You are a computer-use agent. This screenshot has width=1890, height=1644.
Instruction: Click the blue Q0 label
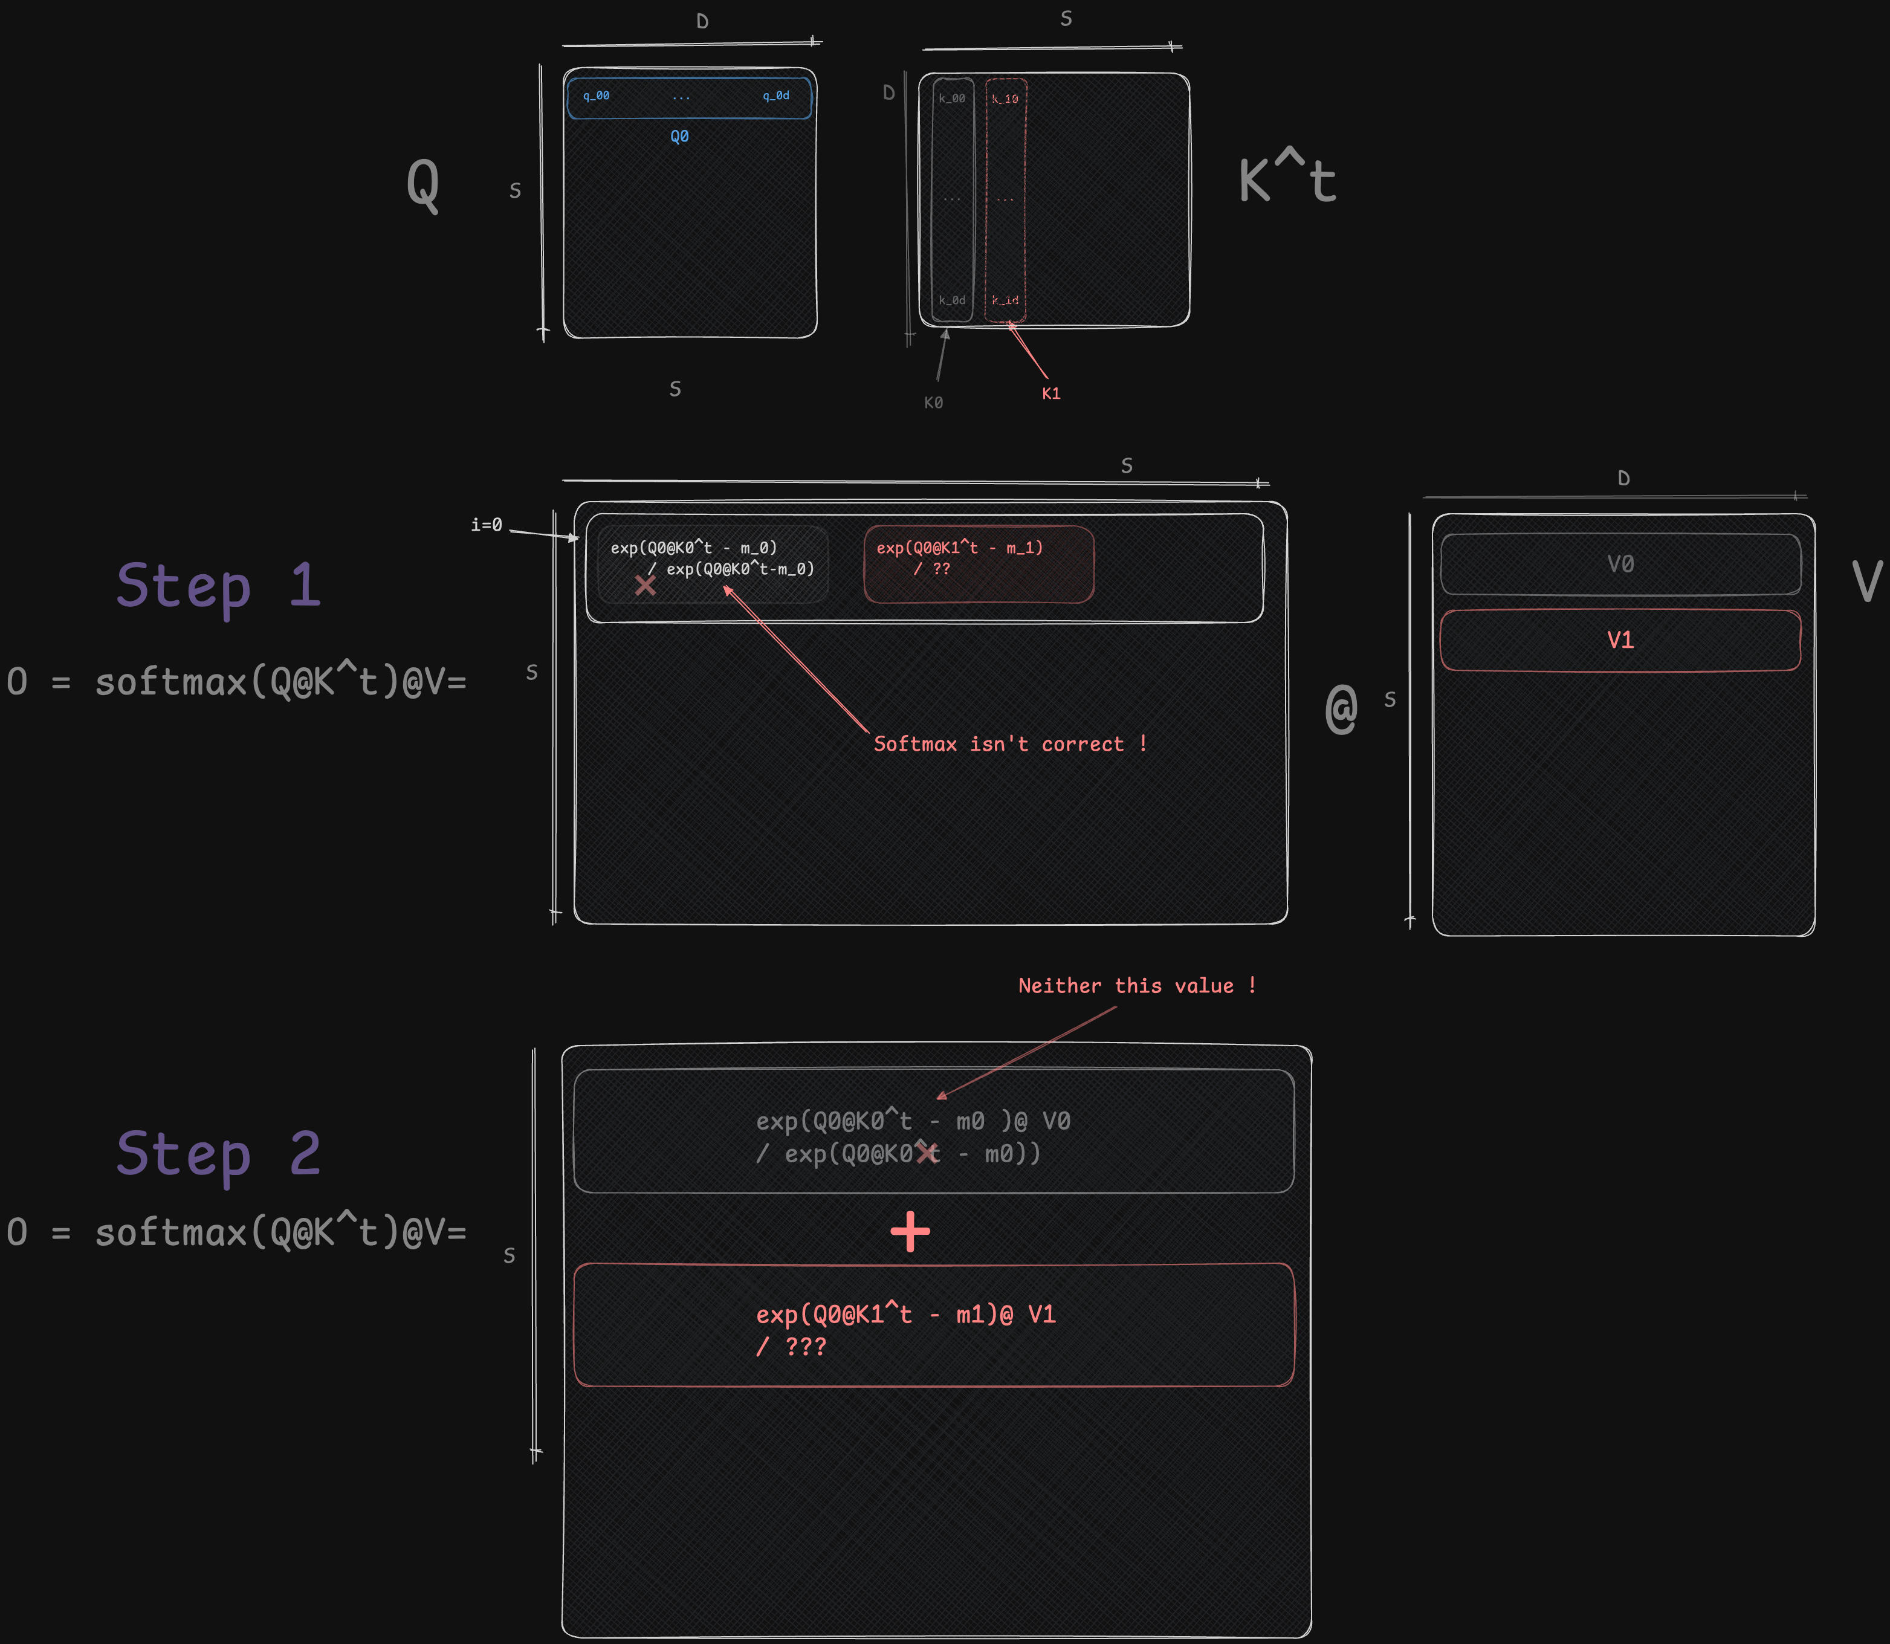[679, 137]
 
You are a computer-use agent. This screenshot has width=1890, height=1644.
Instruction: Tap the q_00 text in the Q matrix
[597, 95]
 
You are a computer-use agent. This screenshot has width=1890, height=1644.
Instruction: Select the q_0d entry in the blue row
[775, 95]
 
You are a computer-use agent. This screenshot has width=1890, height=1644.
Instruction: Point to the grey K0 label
[933, 403]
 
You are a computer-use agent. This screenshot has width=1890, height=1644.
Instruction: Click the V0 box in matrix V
[1620, 564]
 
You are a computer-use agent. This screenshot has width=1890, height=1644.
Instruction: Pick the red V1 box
[1620, 640]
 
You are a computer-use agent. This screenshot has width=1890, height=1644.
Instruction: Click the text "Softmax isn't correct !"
[1009, 744]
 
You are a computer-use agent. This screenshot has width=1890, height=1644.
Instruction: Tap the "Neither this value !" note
[1136, 986]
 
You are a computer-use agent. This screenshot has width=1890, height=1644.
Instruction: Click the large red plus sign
[910, 1232]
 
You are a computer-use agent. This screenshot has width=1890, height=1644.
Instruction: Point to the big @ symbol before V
[1341, 708]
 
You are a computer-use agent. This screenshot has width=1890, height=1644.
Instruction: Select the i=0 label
[487, 525]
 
